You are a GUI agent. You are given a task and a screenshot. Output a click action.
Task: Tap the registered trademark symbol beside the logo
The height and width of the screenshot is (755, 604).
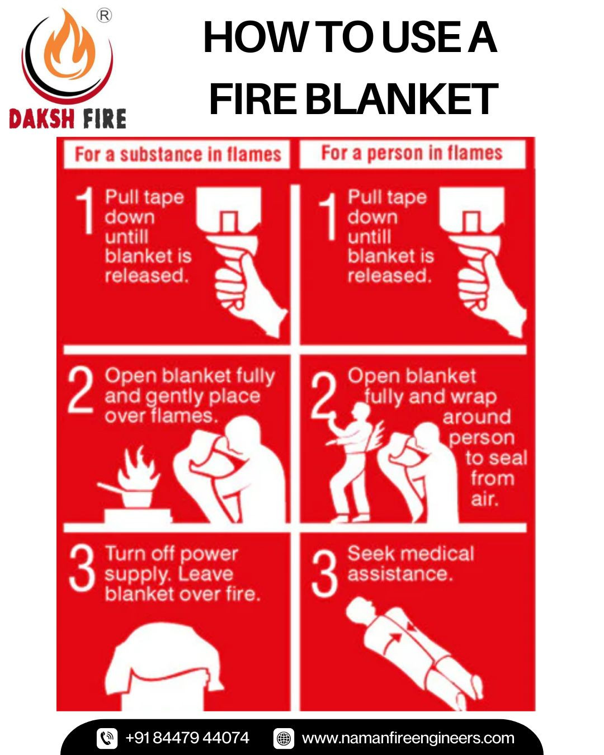(x=104, y=16)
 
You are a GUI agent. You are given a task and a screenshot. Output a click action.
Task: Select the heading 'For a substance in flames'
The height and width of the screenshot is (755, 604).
(x=178, y=154)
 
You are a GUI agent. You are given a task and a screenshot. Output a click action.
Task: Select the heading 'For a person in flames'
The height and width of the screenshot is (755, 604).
(x=412, y=153)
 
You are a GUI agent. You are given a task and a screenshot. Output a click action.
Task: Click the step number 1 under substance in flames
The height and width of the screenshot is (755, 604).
(x=84, y=210)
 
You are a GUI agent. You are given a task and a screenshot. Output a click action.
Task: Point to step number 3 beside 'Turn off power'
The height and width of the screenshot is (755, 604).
(x=82, y=569)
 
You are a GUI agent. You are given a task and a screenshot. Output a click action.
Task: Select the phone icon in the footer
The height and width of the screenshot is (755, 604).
(x=107, y=738)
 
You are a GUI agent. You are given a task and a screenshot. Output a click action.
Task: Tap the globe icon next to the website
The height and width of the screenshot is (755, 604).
(x=284, y=738)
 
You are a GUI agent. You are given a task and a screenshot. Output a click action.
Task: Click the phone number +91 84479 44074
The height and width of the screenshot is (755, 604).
(x=187, y=738)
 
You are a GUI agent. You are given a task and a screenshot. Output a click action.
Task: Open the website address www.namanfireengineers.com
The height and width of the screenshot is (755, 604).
(x=408, y=738)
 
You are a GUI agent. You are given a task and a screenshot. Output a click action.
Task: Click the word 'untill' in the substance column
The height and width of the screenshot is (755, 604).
(x=126, y=237)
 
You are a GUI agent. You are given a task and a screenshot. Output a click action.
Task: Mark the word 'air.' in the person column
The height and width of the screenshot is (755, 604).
(x=485, y=499)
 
